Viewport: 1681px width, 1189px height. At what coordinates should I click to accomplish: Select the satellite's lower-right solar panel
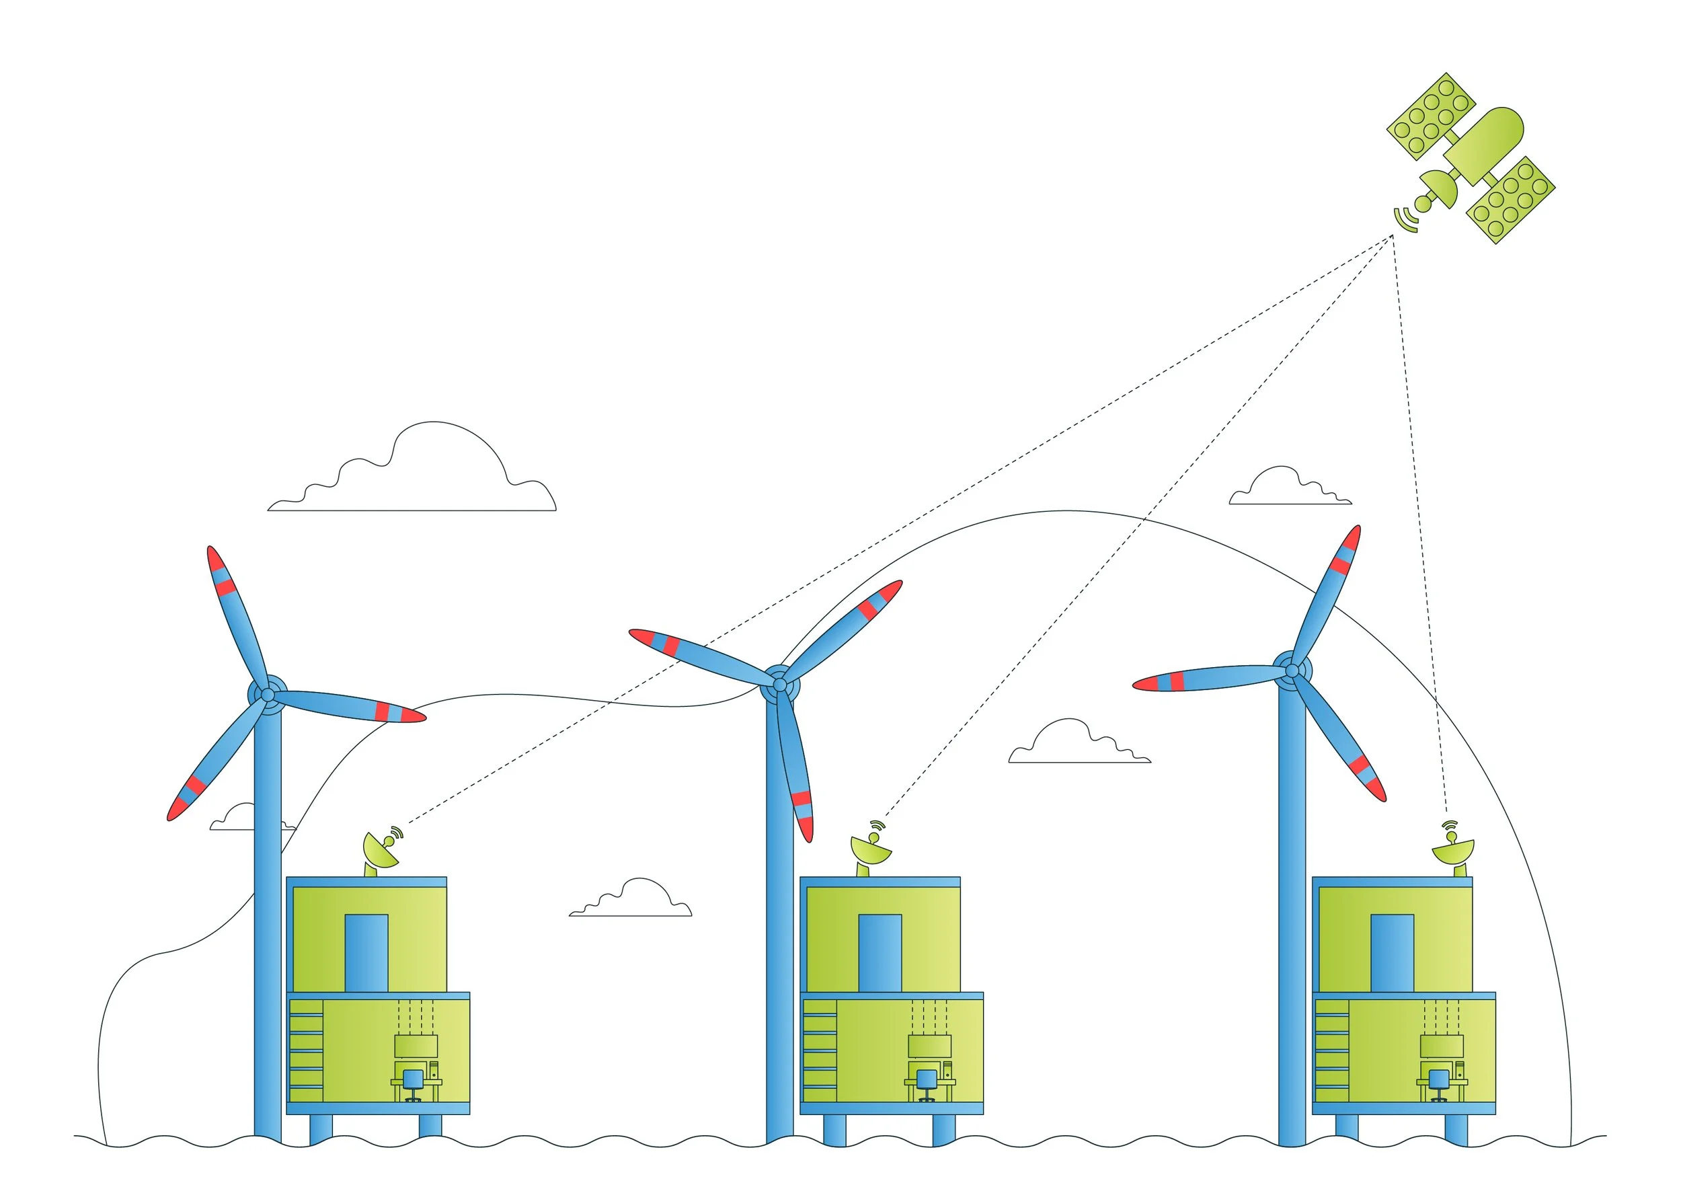coord(1510,199)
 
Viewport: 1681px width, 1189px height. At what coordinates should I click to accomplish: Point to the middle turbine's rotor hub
coord(780,685)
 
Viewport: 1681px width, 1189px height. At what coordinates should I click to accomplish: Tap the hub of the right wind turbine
coord(1292,670)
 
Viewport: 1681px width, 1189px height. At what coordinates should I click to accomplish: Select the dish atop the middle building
coord(871,850)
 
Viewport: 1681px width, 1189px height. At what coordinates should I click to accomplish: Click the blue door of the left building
coord(366,952)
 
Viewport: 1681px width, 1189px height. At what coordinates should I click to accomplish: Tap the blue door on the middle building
coord(879,952)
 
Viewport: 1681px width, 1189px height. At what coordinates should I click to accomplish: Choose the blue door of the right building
coord(1392,952)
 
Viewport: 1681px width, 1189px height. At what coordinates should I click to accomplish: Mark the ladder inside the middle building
coord(819,1051)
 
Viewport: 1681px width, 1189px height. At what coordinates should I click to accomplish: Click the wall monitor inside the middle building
coord(929,1046)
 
